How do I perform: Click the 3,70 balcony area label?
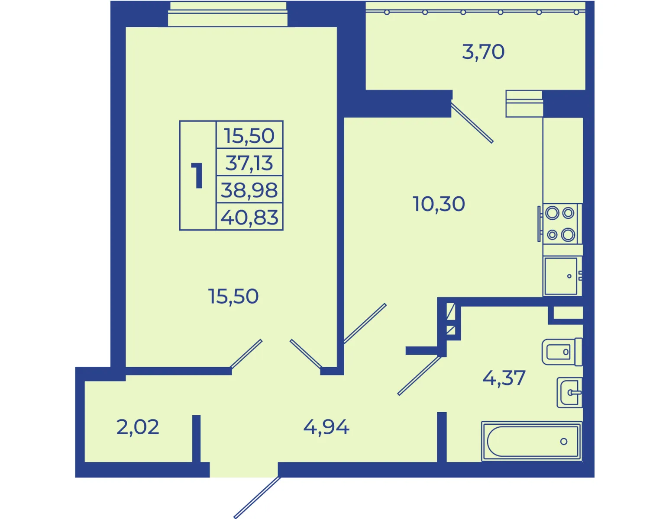click(x=483, y=52)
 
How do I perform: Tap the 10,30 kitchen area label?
click(x=439, y=204)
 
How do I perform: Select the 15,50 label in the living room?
click(x=233, y=296)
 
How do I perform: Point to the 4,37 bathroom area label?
click(x=504, y=378)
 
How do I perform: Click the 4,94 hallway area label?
click(x=326, y=427)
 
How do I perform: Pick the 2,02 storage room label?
click(x=138, y=427)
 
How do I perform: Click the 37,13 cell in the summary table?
click(x=249, y=163)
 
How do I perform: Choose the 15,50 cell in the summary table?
click(x=249, y=136)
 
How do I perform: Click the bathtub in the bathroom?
click(x=532, y=441)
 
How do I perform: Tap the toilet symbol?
click(x=562, y=352)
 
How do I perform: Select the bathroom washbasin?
click(x=569, y=393)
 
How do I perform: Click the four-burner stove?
click(x=560, y=224)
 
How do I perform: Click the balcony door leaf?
click(x=472, y=123)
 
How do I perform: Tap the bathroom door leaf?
click(x=420, y=375)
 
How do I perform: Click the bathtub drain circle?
click(x=564, y=442)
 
